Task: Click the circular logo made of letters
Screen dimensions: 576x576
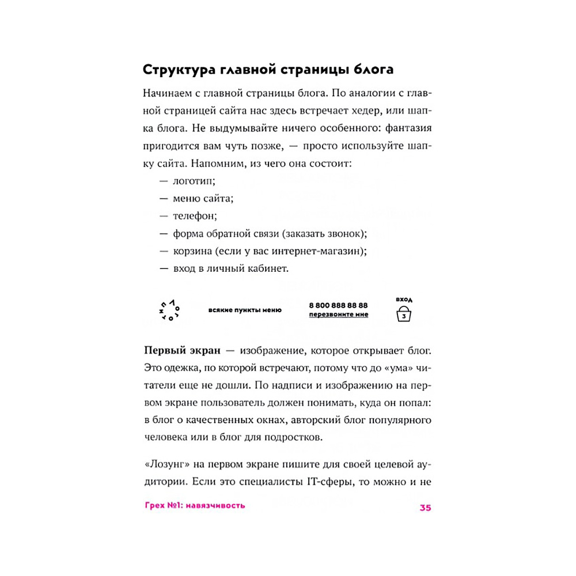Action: tap(168, 310)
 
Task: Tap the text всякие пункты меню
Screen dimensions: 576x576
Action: tap(245, 310)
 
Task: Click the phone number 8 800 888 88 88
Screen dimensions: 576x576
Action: tap(338, 305)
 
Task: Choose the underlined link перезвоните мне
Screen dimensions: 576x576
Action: tap(338, 314)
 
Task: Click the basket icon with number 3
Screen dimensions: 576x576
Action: tap(404, 315)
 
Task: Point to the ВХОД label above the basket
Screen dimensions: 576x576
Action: tap(404, 300)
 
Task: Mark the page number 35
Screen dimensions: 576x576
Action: tap(425, 507)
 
